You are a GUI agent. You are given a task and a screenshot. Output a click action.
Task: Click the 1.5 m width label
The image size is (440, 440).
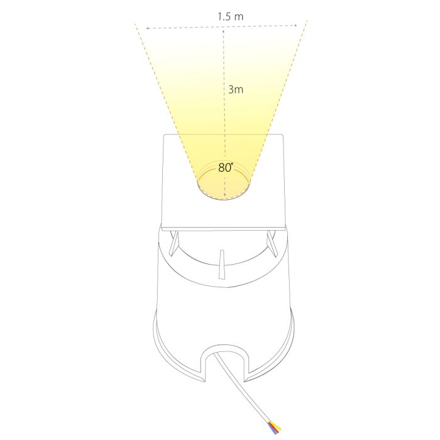231,16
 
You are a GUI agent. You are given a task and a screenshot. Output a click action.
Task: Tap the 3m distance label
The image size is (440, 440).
236,89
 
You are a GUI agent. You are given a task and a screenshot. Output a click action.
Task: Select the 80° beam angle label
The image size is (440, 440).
226,168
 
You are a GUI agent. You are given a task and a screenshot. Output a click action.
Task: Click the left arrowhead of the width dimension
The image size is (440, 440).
147,28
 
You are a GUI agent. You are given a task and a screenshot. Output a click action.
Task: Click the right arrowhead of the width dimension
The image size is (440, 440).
295,26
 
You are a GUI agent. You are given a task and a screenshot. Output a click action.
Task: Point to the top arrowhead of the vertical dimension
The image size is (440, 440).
224,31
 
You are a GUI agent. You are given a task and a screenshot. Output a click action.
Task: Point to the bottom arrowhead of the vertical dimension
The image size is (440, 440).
225,196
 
